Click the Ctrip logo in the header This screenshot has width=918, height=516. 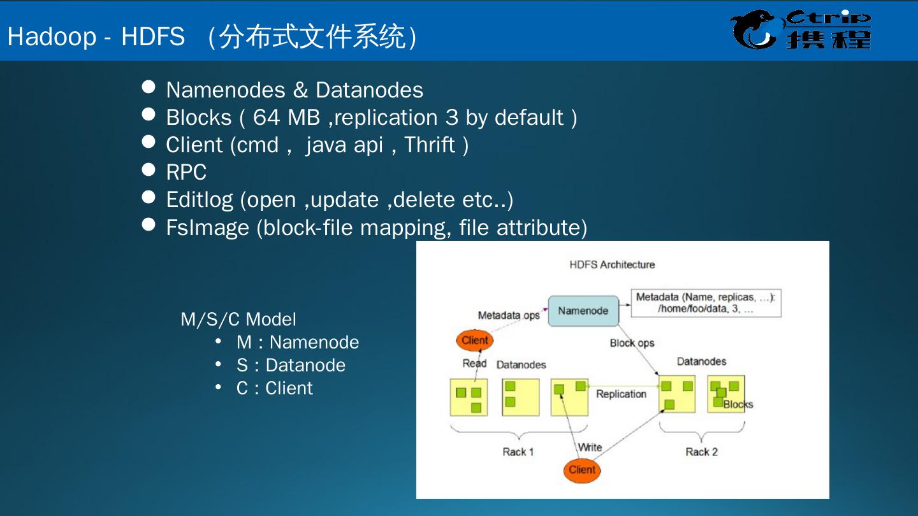pos(801,30)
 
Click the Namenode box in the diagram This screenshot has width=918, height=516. pos(583,311)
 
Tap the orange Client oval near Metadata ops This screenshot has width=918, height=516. pos(475,340)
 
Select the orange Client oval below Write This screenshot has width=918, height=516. pos(581,470)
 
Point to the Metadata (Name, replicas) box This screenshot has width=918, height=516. pos(706,303)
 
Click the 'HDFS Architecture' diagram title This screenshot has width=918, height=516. pos(612,264)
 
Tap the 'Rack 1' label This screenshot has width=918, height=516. pos(518,452)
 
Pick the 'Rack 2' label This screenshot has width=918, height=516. pos(701,452)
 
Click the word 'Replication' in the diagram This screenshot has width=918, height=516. pos(621,394)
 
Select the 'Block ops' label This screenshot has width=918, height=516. pos(632,343)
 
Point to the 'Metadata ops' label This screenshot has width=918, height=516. pos(509,315)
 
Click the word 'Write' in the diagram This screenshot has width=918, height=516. pos(590,447)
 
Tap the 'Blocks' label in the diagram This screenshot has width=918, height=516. pos(738,404)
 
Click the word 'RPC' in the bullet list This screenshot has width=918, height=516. pos(186,172)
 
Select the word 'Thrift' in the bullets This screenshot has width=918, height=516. pos(430,145)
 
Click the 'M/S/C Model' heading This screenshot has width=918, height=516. pos(238,319)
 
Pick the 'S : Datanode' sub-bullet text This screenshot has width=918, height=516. pos(291,365)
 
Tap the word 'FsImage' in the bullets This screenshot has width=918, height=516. pos(207,227)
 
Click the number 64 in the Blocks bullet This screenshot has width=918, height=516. pos(266,117)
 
